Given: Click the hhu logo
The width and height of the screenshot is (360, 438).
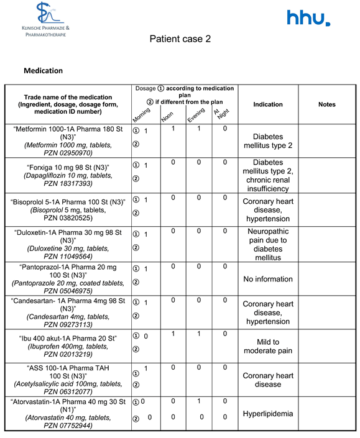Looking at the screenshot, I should click(308, 18).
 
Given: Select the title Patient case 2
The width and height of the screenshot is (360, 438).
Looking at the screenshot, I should click(180, 39).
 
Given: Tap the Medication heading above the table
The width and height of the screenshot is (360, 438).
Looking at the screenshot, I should click(43, 71).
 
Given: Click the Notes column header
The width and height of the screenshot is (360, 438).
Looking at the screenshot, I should click(326, 104).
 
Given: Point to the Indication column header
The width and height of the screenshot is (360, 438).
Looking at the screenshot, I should click(268, 104).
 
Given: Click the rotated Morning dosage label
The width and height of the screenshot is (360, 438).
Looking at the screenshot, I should click(142, 115).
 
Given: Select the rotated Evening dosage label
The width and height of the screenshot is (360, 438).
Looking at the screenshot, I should click(196, 115).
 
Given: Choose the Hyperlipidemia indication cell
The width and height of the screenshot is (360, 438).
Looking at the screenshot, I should click(268, 414).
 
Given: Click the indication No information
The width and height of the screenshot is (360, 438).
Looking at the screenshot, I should click(268, 279).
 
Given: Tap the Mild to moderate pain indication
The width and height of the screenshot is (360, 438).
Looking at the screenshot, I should click(268, 346).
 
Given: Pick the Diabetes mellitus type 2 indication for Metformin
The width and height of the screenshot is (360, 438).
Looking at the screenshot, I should click(268, 140).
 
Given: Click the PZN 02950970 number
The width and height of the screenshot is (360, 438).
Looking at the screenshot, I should click(68, 152).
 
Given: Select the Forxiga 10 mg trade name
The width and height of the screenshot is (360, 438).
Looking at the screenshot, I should click(68, 168).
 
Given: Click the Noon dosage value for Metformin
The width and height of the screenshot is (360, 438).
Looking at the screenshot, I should click(173, 129).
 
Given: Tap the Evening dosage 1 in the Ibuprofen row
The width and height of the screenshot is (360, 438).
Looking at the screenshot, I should click(198, 334).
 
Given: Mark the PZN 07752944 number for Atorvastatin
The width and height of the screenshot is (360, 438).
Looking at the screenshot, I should click(68, 426).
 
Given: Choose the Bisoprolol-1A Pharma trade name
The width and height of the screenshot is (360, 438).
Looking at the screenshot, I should click(68, 203).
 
